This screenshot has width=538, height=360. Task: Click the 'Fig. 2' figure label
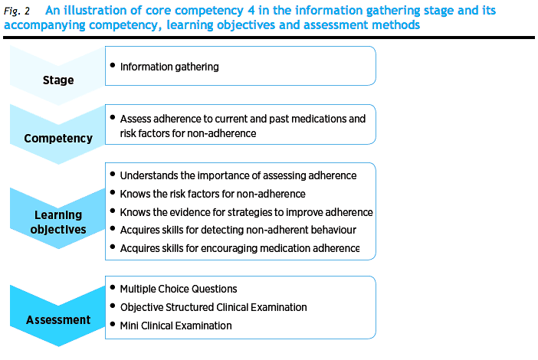tap(17, 11)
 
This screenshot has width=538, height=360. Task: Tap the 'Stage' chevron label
tap(58, 80)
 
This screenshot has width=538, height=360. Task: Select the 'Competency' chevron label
tap(58, 139)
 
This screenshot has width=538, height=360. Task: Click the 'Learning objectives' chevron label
tap(58, 222)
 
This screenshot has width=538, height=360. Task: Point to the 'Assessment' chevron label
tap(58, 320)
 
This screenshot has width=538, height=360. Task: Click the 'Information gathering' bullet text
tap(169, 67)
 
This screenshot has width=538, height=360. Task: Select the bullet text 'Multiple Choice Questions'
tap(179, 289)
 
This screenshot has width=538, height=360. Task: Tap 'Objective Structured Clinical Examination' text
tap(213, 307)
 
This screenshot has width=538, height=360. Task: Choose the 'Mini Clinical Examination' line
tap(176, 326)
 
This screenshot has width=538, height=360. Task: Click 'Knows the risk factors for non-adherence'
tap(213, 194)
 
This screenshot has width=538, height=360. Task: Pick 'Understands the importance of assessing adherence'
tap(238, 175)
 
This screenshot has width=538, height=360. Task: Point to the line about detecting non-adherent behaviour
tap(238, 230)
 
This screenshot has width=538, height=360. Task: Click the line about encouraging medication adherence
tap(240, 248)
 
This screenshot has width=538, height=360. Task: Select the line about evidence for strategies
tap(246, 212)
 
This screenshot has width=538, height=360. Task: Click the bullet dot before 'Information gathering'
tap(113, 65)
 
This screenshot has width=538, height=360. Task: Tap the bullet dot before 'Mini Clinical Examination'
tap(113, 324)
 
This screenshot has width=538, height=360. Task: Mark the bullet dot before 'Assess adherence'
tap(113, 117)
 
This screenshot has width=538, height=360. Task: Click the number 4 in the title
tap(251, 11)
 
